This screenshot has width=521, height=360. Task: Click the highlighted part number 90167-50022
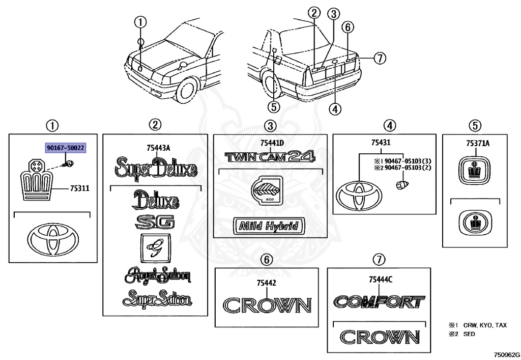66,148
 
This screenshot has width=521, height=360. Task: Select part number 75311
80,188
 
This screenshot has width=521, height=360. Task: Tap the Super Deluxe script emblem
156,169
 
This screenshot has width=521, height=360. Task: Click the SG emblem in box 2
155,222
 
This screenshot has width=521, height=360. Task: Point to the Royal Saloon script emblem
158,275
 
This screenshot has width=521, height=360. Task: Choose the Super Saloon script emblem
157,298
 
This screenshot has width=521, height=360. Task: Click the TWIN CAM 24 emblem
270,156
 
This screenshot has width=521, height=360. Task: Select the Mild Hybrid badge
269,226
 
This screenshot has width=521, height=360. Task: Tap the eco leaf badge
267,190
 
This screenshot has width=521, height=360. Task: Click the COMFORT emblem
379,302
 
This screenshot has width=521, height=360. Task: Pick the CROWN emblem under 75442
267,306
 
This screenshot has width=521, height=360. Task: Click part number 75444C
381,280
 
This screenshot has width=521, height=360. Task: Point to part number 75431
381,143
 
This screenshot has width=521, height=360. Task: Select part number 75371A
477,143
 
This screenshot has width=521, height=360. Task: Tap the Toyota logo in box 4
359,196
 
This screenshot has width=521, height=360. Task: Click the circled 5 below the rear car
274,107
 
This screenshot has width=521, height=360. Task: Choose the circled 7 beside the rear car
380,58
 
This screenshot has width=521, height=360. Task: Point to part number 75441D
272,143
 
